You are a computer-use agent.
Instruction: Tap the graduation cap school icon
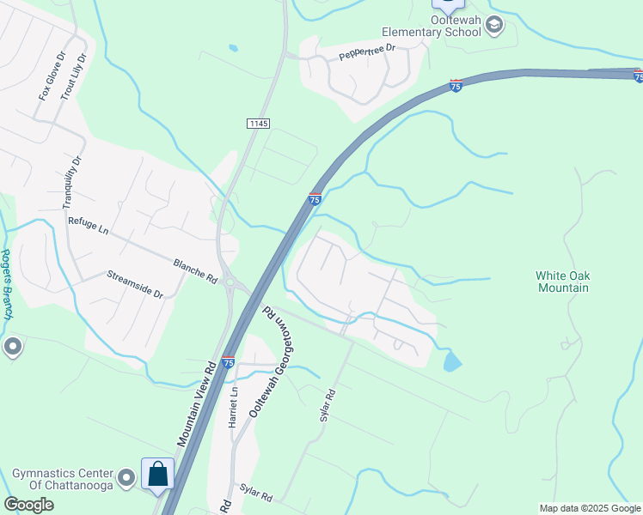click(x=493, y=26)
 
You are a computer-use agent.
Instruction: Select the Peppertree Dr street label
click(x=366, y=51)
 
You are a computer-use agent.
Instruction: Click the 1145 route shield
click(x=258, y=124)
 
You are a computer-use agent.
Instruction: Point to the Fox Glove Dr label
click(x=51, y=76)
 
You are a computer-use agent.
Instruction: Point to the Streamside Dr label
click(x=135, y=285)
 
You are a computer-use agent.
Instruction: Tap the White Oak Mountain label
click(x=562, y=282)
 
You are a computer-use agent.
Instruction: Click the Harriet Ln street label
click(x=233, y=407)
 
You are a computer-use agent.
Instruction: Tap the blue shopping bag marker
click(x=158, y=473)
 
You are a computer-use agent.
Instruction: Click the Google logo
click(x=28, y=505)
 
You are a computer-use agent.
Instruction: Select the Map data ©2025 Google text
click(x=589, y=508)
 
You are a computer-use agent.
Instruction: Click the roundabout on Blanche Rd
click(x=231, y=282)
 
